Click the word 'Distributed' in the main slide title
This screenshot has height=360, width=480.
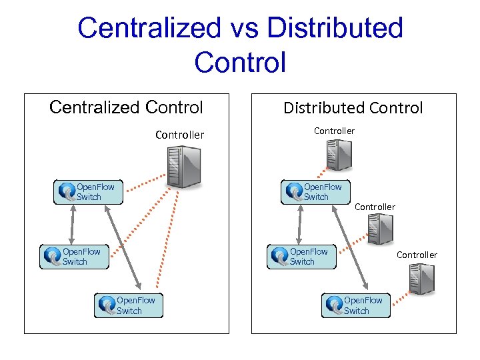coord(334,28)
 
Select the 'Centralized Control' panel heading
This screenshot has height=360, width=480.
coord(126,107)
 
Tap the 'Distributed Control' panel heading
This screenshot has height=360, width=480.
coord(353,108)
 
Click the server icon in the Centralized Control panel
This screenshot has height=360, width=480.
coord(183,166)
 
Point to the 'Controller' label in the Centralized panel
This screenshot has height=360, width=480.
coord(179,135)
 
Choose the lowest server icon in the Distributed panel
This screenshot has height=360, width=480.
coord(421,279)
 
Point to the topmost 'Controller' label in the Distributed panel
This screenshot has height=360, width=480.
coord(334,131)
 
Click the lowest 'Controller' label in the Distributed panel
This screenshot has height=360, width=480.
coord(417,255)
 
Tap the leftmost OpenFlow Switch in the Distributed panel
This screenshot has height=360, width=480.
coord(301,257)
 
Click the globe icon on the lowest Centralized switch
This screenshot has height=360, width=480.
coord(106,305)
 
